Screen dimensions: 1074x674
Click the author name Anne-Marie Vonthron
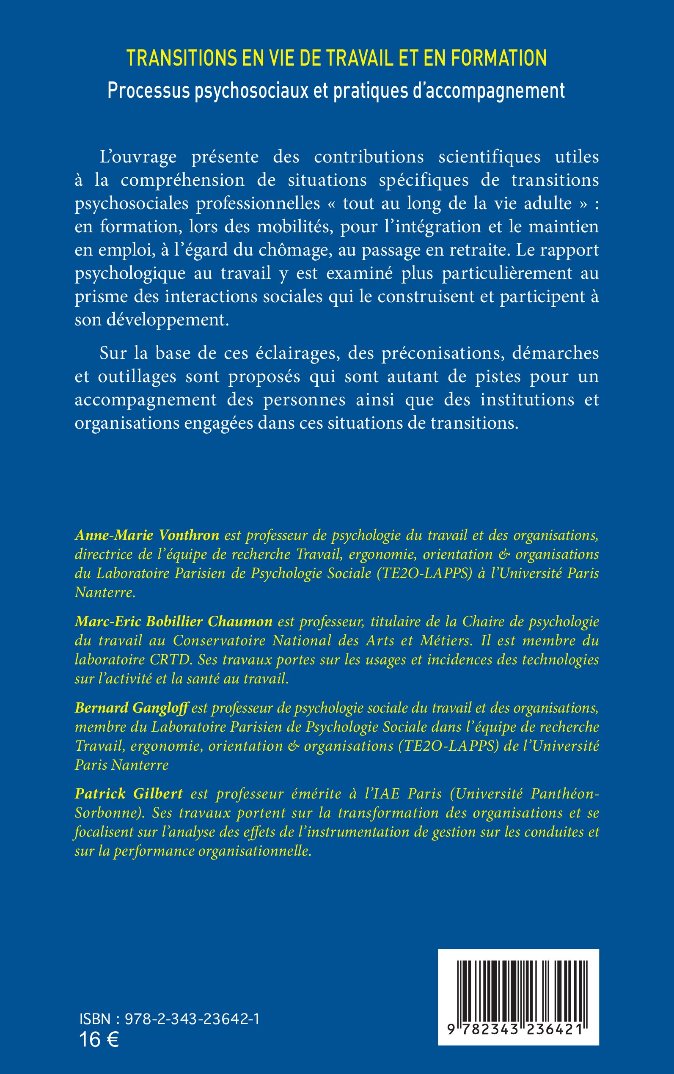point(147,535)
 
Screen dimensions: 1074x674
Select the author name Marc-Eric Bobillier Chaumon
point(173,622)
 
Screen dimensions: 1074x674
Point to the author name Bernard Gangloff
point(132,708)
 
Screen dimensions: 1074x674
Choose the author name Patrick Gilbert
point(129,793)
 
